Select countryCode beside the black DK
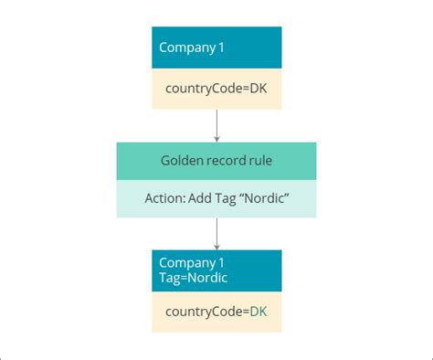coord(204,90)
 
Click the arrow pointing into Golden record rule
coord(216,135)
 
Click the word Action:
coord(164,199)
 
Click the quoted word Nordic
coord(266,199)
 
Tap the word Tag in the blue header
coord(169,278)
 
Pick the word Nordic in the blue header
coord(206,278)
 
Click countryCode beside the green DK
coord(204,312)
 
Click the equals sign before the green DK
coord(246,312)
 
